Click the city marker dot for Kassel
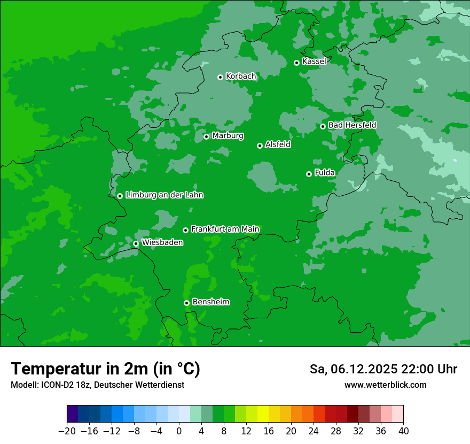point(296,63)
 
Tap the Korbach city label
point(241,76)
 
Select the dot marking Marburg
point(206,136)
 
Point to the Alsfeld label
point(278,144)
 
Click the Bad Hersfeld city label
point(352,125)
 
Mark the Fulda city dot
point(309,174)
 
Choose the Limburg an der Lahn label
point(164,195)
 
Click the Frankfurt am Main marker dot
point(185,230)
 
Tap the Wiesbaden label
point(162,243)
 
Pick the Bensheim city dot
point(186,303)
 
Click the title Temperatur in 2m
point(105,369)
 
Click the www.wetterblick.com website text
point(385,385)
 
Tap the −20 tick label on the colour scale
point(67,431)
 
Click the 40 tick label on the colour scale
point(403,431)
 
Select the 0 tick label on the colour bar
point(179,431)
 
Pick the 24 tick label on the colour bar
point(314,431)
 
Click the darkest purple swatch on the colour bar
point(72,414)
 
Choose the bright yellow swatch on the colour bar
point(263,414)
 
